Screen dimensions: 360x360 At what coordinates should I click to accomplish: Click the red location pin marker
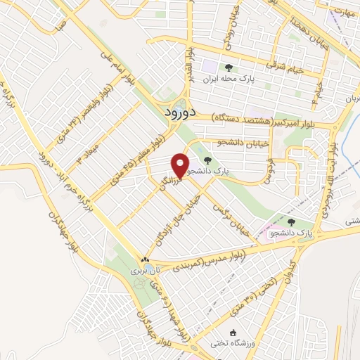tap(181, 165)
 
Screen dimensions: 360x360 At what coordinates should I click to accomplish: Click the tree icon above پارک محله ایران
tap(228, 68)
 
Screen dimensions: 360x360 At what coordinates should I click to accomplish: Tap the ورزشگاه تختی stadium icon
tap(234, 333)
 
